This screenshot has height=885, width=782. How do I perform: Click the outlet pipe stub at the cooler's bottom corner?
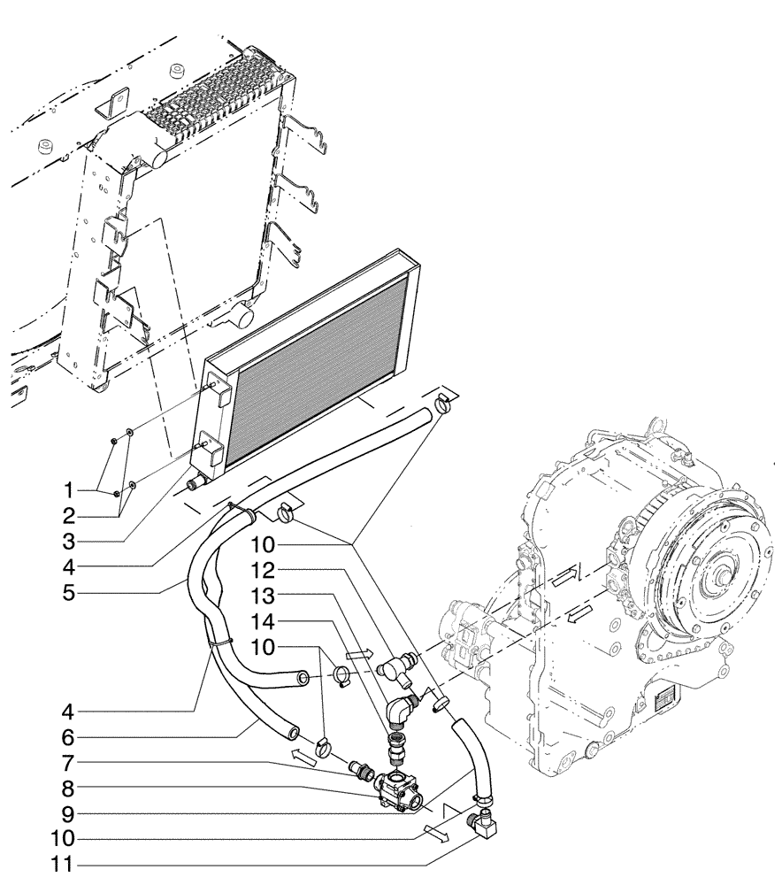coord(195,484)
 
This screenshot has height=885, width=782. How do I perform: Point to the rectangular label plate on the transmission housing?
coord(664,700)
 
